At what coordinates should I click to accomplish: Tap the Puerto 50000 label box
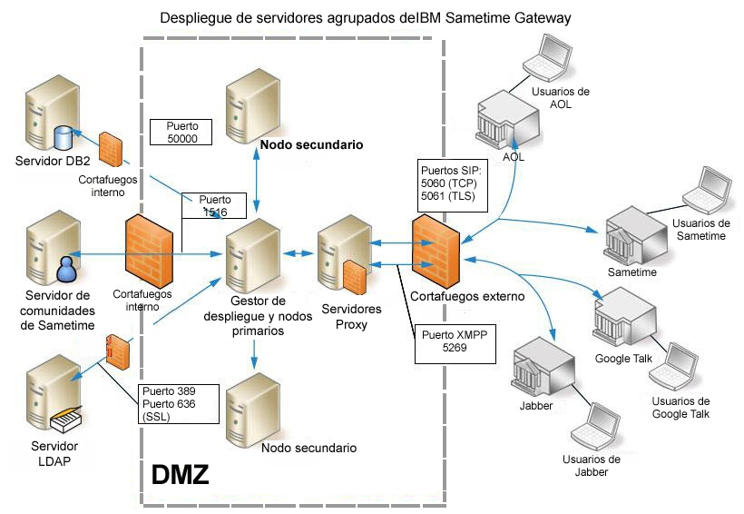point(181,133)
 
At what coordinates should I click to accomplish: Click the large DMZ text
point(180,474)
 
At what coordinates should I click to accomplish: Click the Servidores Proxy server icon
point(342,259)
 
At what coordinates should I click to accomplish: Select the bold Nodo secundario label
point(311,144)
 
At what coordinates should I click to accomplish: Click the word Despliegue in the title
point(192,17)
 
